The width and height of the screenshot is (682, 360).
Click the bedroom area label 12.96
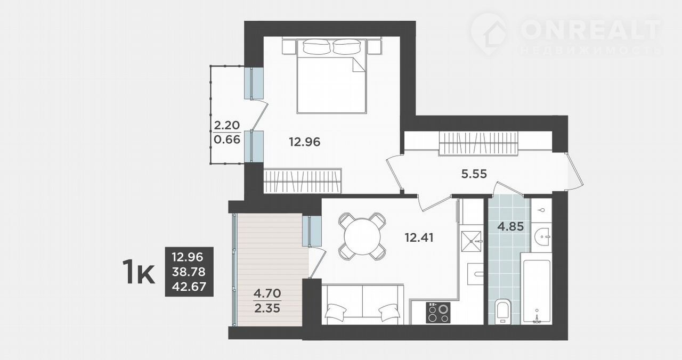pyautogui.click(x=304, y=142)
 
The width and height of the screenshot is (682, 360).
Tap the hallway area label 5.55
pyautogui.click(x=474, y=174)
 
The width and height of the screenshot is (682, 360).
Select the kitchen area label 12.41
pyautogui.click(x=419, y=238)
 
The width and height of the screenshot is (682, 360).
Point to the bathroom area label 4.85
pyautogui.click(x=510, y=226)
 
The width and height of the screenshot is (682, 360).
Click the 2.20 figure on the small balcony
pyautogui.click(x=227, y=125)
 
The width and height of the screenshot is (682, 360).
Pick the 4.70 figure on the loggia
pyautogui.click(x=267, y=293)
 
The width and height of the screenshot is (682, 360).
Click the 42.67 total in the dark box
pyautogui.click(x=189, y=287)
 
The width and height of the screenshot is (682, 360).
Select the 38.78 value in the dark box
pyautogui.click(x=189, y=272)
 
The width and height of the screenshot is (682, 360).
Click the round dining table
pyautogui.click(x=362, y=236)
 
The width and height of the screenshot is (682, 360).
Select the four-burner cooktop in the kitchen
pyautogui.click(x=438, y=313)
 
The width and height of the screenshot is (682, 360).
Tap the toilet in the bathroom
pyautogui.click(x=502, y=312)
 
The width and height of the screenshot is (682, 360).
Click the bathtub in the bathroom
pyautogui.click(x=536, y=289)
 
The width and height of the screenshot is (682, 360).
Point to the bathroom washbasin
pyautogui.click(x=542, y=236)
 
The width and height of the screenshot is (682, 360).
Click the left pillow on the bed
pyautogui.click(x=316, y=46)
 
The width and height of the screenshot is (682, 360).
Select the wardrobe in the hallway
pyautogui.click(x=478, y=143)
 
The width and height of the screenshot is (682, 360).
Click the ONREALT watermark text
pyautogui.click(x=591, y=30)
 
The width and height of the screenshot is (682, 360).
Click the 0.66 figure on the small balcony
pyautogui.click(x=227, y=140)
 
